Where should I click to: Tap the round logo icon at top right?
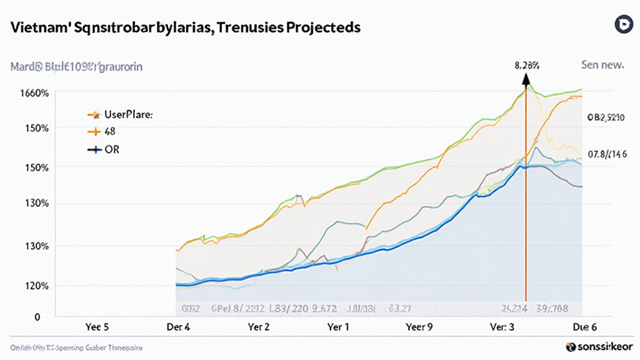(x=621, y=25)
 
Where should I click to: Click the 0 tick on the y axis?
(x=37, y=317)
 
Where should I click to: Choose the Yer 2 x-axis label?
(x=259, y=327)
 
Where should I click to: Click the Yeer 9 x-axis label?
(x=419, y=327)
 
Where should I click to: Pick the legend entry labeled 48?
(x=109, y=132)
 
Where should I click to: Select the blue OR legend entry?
(x=112, y=150)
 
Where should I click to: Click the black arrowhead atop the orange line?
(x=526, y=78)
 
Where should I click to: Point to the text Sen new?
(x=602, y=64)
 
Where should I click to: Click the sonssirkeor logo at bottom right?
(x=599, y=346)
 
